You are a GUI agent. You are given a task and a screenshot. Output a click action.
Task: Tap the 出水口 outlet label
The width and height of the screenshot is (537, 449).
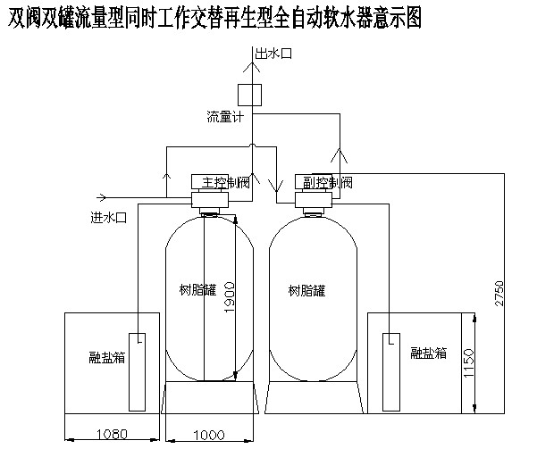[274, 55]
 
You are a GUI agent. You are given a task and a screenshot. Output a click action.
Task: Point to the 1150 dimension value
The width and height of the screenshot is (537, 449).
[468, 361]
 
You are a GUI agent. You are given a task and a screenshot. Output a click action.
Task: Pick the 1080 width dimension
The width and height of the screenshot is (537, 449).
[112, 434]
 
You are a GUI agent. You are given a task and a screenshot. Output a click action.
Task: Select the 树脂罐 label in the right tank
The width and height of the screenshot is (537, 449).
[307, 290]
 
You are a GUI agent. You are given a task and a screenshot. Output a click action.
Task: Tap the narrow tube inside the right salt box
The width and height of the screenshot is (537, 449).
[390, 366]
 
